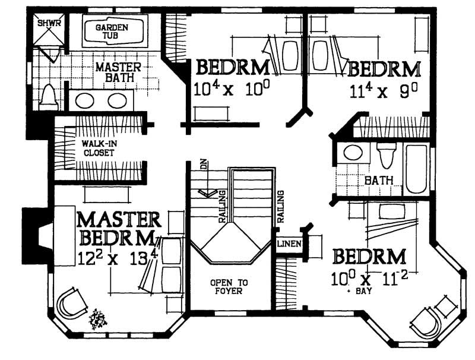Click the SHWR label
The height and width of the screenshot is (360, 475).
pos(46,24)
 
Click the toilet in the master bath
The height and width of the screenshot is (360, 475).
pos(47,97)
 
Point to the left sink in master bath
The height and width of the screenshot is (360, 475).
pos(85,100)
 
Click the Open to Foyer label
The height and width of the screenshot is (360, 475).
pos(229,287)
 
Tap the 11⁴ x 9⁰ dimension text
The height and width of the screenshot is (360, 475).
pos(381,91)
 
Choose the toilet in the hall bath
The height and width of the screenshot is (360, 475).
pos(386,156)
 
